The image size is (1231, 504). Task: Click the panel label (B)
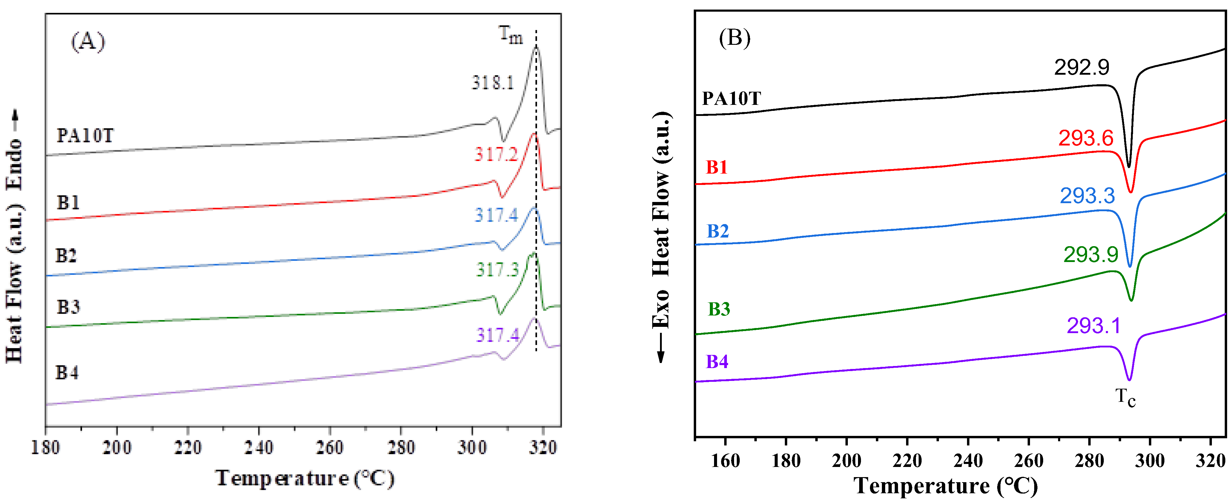coord(734,38)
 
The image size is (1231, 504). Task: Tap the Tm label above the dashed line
coord(510,34)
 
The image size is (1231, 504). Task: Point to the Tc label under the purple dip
coord(1125,397)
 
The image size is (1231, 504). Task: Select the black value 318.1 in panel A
coord(493,83)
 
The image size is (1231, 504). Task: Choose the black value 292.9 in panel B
coord(1081,68)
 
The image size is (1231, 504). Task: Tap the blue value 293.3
coord(1087,196)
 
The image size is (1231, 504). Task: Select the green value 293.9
coord(1091,255)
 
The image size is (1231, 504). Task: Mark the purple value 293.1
coord(1093,326)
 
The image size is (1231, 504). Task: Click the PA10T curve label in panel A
coord(85,136)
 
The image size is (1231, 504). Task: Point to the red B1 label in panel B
coord(717,167)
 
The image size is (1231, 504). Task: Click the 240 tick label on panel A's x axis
coord(259,448)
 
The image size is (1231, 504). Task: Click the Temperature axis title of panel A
coord(305,478)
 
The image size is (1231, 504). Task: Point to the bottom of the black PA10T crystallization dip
coord(1129,167)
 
